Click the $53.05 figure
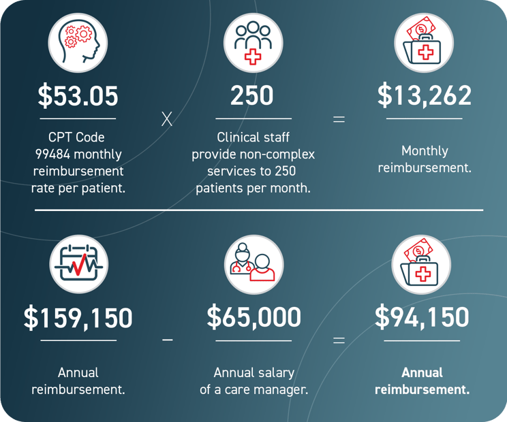(x=78, y=96)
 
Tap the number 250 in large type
(x=251, y=96)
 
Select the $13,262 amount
(x=424, y=96)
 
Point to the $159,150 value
(x=78, y=318)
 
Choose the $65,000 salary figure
(x=253, y=318)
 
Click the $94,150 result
(x=422, y=318)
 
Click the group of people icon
(x=253, y=43)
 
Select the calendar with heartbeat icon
(x=78, y=264)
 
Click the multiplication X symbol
(x=167, y=120)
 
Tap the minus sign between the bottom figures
(x=168, y=339)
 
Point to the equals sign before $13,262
(x=339, y=120)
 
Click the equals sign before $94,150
(x=339, y=339)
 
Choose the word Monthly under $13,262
(x=425, y=150)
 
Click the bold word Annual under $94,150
(x=422, y=372)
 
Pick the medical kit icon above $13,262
(x=424, y=42)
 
